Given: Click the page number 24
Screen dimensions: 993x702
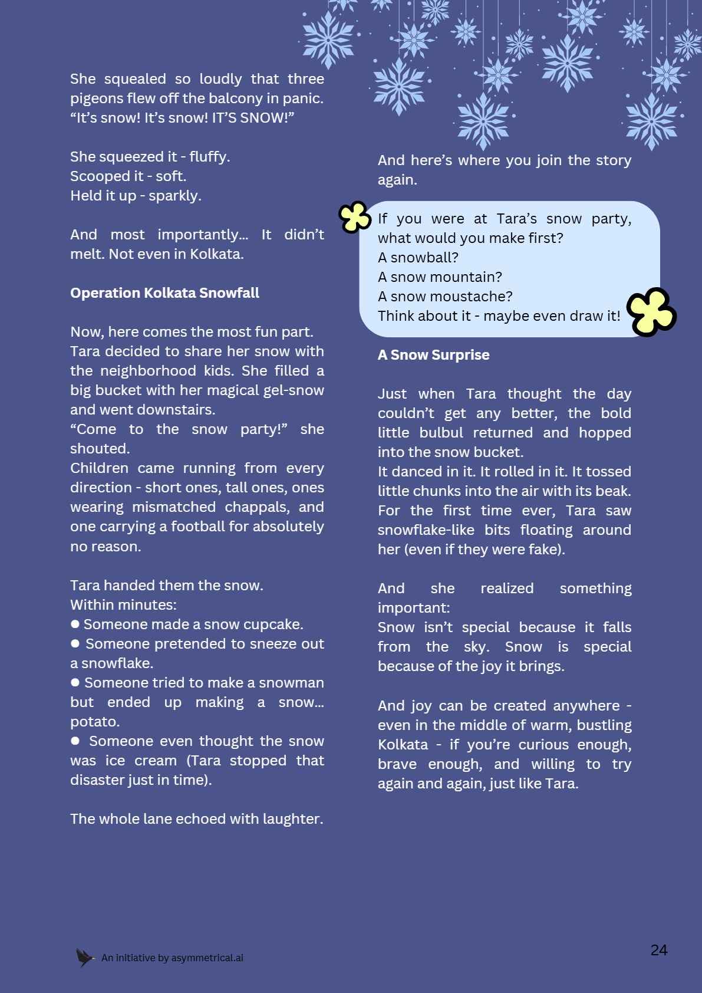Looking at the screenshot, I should click(x=658, y=950).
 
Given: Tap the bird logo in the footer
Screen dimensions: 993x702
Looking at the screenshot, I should click(x=85, y=958).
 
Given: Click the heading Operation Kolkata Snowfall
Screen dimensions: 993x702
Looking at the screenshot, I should click(x=164, y=293).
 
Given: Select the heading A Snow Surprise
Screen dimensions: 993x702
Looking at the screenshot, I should click(x=433, y=355).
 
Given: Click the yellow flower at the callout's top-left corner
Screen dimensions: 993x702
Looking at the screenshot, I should click(x=354, y=217).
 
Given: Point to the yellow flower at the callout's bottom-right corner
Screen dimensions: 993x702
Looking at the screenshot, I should click(x=651, y=313).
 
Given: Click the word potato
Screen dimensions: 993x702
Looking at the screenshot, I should click(x=95, y=722).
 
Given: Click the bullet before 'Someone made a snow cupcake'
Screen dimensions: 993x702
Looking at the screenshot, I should click(x=75, y=624).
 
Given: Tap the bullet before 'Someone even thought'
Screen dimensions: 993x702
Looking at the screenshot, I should click(x=75, y=741).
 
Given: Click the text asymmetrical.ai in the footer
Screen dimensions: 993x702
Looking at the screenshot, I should click(x=207, y=958).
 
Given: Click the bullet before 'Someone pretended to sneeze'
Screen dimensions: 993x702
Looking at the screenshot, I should click(x=75, y=643).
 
